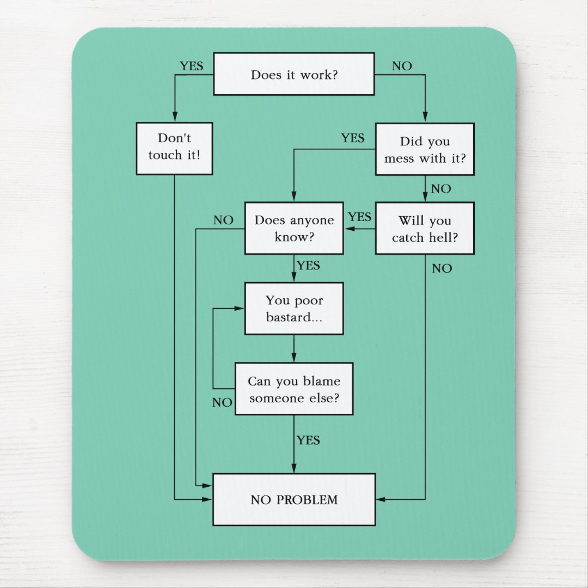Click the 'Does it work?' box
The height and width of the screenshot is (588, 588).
click(x=293, y=74)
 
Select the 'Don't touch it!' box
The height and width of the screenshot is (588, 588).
click(x=174, y=148)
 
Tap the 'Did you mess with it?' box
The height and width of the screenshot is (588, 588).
click(x=425, y=149)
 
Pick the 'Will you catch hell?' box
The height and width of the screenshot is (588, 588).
click(x=425, y=228)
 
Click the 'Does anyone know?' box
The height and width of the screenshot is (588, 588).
click(x=294, y=228)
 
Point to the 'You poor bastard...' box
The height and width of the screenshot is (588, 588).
click(x=294, y=308)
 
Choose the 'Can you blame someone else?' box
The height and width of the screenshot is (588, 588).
click(x=294, y=389)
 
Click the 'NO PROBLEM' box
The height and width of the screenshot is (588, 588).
click(x=294, y=499)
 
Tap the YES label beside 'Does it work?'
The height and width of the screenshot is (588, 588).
click(x=191, y=66)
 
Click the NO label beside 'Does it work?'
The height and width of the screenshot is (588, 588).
click(x=402, y=66)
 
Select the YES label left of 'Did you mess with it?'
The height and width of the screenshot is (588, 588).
click(x=353, y=138)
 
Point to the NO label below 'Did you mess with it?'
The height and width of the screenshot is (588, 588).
click(x=441, y=189)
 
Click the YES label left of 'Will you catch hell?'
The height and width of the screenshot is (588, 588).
click(x=359, y=217)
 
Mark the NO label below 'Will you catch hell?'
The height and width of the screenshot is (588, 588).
click(x=442, y=268)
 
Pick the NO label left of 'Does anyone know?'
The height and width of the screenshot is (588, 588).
click(x=223, y=220)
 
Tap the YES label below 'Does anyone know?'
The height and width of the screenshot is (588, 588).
click(x=308, y=266)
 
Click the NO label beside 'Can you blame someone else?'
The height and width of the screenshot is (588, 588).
click(x=222, y=403)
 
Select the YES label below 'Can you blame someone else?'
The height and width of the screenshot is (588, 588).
click(x=308, y=440)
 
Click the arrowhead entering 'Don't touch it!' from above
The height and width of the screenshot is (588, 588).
click(x=174, y=118)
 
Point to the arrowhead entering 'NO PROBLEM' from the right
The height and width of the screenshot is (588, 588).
click(x=381, y=499)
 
